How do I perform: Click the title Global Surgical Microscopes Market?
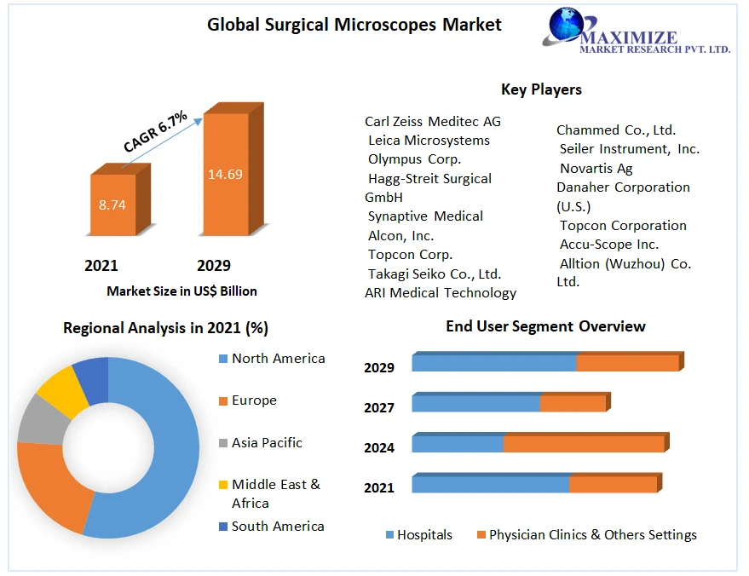(x=354, y=25)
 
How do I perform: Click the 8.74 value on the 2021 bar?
(x=112, y=205)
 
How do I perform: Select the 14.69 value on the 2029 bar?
(x=225, y=175)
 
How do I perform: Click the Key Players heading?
(x=541, y=89)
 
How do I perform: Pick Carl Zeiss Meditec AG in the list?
(x=433, y=122)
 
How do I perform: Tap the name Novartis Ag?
(x=596, y=168)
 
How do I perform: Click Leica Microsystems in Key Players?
(x=429, y=141)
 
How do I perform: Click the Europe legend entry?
(x=253, y=400)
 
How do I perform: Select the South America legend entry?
(x=277, y=527)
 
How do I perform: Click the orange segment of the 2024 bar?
(x=583, y=444)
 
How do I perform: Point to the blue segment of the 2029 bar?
(x=493, y=362)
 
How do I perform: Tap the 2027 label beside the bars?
(x=379, y=408)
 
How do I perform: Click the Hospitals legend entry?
(x=423, y=535)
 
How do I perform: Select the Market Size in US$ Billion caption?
(x=181, y=291)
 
